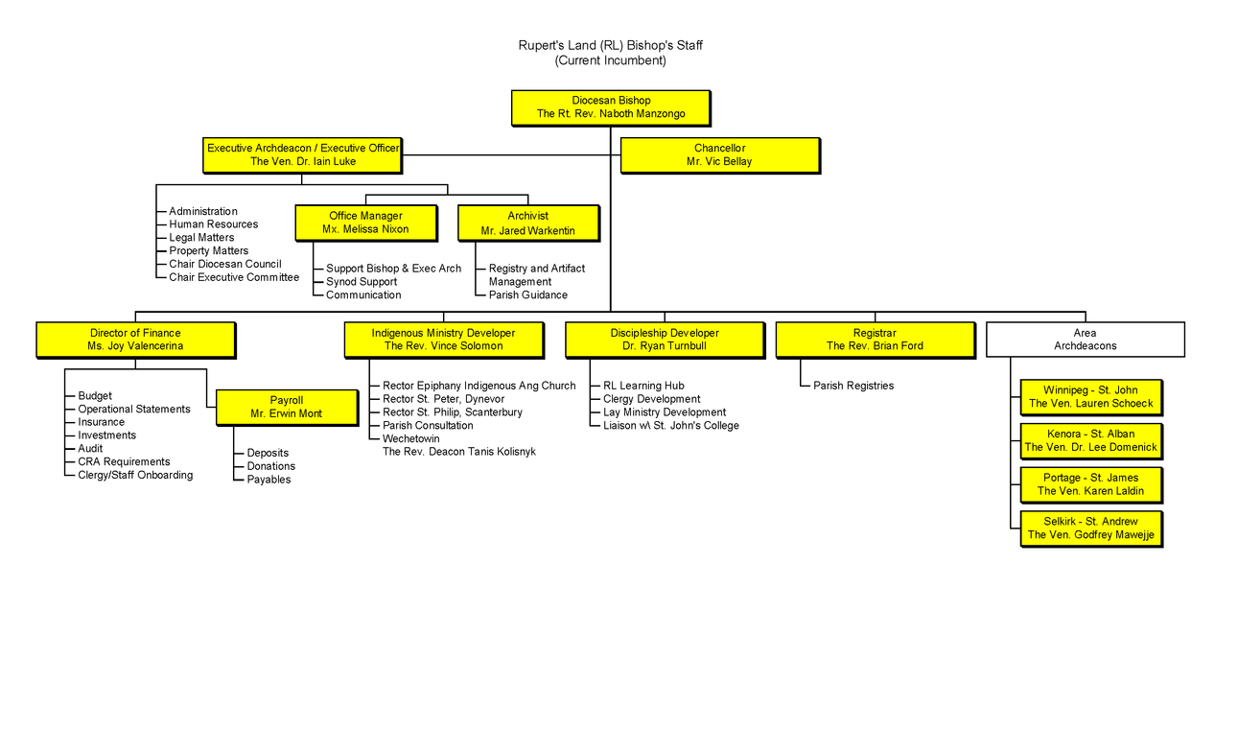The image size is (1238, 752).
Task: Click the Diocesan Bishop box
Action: pyautogui.click(x=610, y=107)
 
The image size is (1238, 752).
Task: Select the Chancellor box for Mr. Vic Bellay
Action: pyautogui.click(x=719, y=155)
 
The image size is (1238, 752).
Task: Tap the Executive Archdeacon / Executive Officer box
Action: pyautogui.click(x=302, y=155)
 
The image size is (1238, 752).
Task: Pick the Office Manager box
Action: pyautogui.click(x=365, y=223)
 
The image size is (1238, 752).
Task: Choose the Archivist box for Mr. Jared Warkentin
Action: pyautogui.click(x=527, y=223)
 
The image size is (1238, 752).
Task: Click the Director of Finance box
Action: pyautogui.click(x=135, y=340)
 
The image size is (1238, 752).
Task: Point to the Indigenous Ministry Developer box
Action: pyautogui.click(x=443, y=340)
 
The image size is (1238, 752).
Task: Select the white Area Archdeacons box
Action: pyautogui.click(x=1085, y=340)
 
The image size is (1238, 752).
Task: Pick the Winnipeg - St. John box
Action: pyautogui.click(x=1090, y=397)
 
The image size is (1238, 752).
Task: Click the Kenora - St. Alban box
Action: pyautogui.click(x=1090, y=441)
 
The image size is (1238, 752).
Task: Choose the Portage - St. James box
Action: pyautogui.click(x=1090, y=484)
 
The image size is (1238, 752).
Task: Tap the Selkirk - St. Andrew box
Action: pyautogui.click(x=1090, y=529)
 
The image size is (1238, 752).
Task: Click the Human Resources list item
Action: pyautogui.click(x=213, y=224)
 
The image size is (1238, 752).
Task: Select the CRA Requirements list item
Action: pyautogui.click(x=124, y=462)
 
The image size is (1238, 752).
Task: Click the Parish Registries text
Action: pyautogui.click(x=853, y=386)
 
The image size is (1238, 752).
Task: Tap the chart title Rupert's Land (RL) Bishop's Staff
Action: pyautogui.click(x=610, y=45)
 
